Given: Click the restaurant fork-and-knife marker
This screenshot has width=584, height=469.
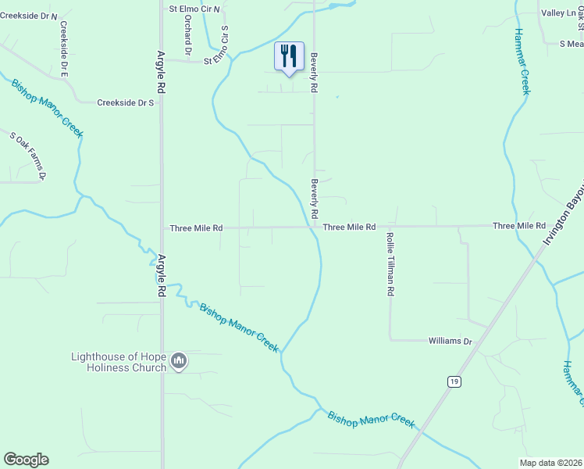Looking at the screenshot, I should (289, 57).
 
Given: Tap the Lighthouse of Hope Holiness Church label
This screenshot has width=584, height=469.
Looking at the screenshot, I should (119, 362).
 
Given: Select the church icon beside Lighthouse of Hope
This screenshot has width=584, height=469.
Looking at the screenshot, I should (179, 361).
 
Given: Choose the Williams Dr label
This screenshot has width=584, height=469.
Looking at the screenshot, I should (450, 342).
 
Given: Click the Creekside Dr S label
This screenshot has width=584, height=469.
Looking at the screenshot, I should (125, 102).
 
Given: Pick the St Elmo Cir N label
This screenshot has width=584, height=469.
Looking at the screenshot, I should (195, 9).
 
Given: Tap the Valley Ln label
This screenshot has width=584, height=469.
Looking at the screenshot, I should (557, 13).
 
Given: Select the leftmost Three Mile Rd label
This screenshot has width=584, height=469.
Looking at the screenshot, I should (196, 228).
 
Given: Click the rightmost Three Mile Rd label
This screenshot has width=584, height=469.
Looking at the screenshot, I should (518, 226).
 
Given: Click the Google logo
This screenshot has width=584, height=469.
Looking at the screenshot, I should (26, 460).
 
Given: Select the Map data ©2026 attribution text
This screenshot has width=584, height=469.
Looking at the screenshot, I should (550, 463).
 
